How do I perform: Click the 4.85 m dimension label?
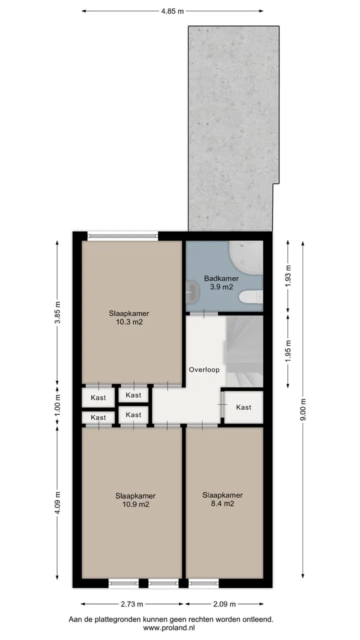click(x=172, y=11)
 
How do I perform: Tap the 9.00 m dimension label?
click(x=303, y=409)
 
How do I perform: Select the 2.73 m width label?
click(x=131, y=604)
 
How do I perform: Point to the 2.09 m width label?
click(x=224, y=604)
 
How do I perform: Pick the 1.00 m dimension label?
click(x=57, y=405)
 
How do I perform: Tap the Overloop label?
click(x=204, y=369)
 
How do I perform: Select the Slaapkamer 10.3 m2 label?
click(x=129, y=317)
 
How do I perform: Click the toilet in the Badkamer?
click(x=251, y=297)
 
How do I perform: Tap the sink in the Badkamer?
click(x=192, y=292)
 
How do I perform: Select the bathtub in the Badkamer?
click(x=246, y=255)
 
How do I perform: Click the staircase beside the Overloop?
click(x=244, y=351)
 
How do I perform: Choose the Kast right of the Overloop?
click(x=243, y=407)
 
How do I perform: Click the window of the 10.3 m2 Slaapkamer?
click(x=122, y=236)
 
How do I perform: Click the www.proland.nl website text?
click(x=169, y=627)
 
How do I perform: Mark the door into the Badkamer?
click(x=204, y=313)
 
